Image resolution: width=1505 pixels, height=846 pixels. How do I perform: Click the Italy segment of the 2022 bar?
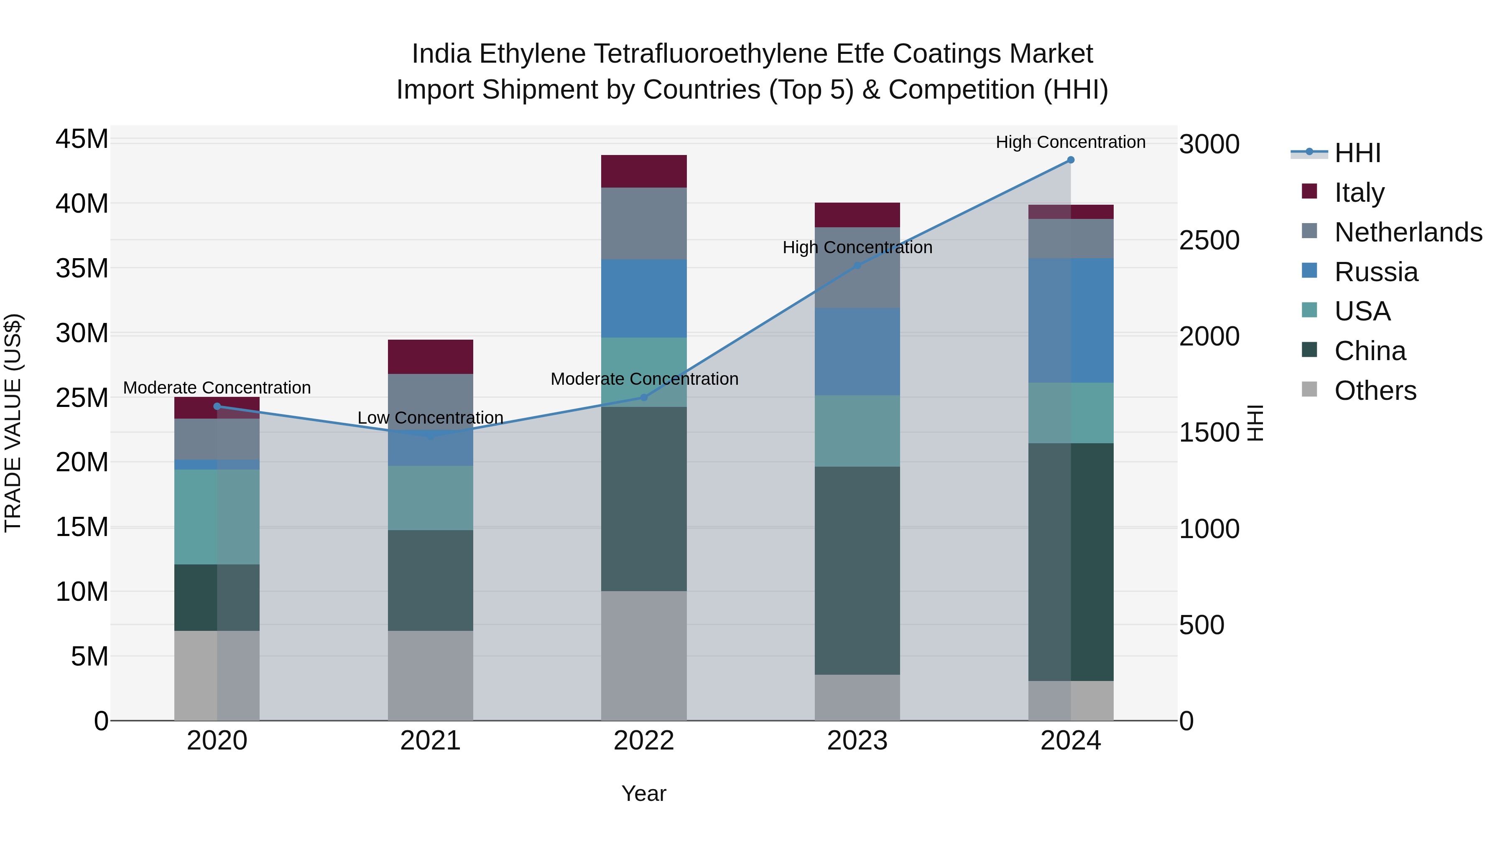(644, 171)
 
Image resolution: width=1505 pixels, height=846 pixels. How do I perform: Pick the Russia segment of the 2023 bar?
(857, 351)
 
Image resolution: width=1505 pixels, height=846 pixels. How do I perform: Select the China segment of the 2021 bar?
(430, 580)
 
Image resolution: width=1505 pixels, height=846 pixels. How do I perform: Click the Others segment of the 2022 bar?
(644, 655)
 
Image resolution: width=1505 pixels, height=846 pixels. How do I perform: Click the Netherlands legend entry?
(1408, 232)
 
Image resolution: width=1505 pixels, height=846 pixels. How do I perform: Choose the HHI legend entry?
(1357, 153)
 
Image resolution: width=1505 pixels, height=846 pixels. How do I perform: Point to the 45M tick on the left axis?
(82, 140)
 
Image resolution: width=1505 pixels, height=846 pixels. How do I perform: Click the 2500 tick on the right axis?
(1209, 240)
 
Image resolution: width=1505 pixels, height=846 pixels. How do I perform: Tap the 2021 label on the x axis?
(430, 741)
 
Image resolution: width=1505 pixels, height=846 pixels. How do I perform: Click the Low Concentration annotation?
(430, 418)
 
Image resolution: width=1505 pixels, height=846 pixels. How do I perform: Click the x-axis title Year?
(644, 793)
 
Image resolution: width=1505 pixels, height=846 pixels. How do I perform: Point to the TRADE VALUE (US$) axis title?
(13, 423)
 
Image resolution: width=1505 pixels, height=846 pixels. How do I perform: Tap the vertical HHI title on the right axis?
(1255, 423)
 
